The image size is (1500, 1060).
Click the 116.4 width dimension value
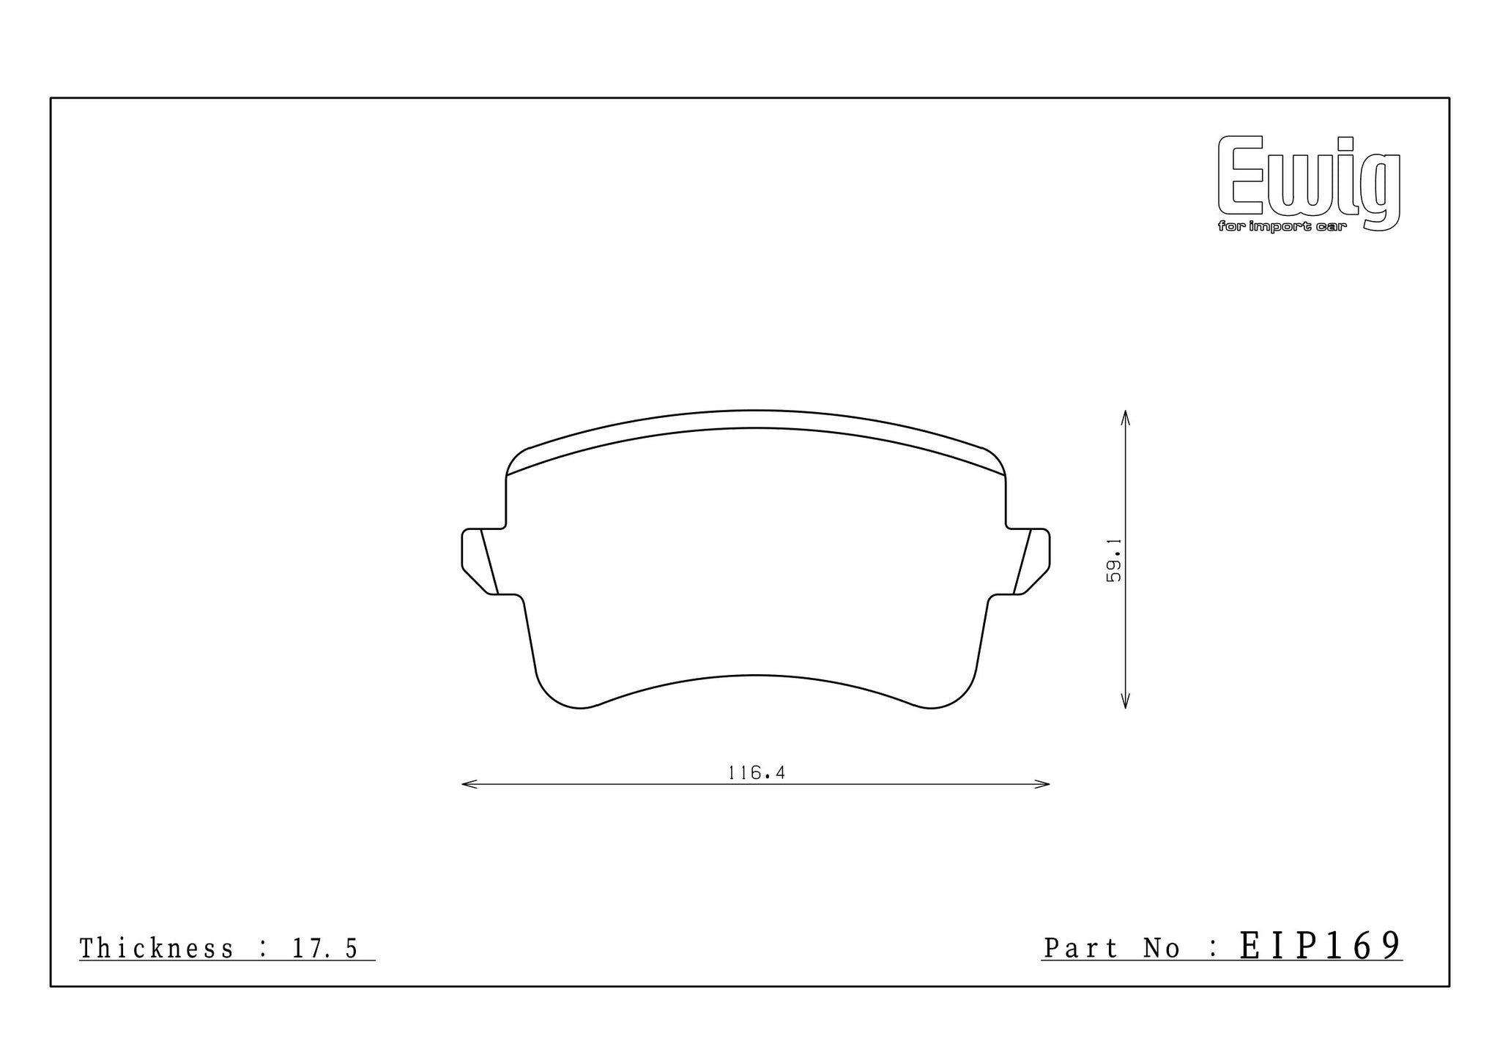[756, 773]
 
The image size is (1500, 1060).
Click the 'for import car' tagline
[1282, 227]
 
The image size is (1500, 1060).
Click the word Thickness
[156, 949]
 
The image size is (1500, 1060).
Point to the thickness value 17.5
[325, 949]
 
